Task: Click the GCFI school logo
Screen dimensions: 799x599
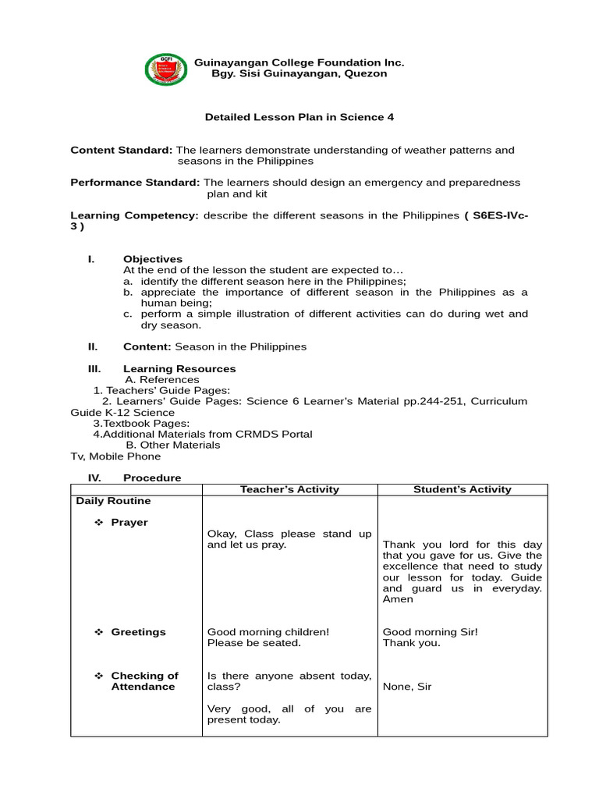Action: (166, 70)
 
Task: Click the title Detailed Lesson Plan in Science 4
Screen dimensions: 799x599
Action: (299, 117)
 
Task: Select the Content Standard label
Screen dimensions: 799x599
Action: (121, 150)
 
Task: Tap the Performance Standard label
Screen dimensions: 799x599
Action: (135, 183)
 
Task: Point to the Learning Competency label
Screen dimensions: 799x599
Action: (134, 215)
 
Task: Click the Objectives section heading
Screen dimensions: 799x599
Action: (153, 259)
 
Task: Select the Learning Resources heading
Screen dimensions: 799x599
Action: (179, 368)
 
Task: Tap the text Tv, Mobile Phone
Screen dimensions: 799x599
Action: (115, 456)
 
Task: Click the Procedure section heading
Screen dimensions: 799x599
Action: (152, 478)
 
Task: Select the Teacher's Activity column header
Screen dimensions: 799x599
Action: (289, 489)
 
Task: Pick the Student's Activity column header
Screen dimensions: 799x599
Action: (463, 489)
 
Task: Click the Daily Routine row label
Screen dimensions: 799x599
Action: (113, 501)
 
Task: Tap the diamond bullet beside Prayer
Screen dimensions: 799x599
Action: (99, 522)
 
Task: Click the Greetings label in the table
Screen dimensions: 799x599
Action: (138, 632)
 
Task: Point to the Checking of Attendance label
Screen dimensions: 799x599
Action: (144, 681)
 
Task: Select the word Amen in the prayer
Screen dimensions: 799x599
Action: (398, 599)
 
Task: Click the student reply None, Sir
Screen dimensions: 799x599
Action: (406, 687)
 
